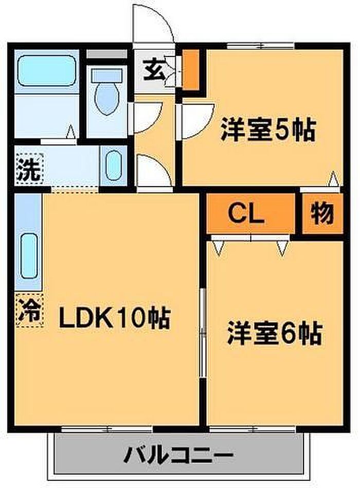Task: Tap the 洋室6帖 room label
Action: pos(275,334)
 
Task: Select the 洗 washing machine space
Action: pos(28,169)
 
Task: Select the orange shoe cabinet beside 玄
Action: pos(190,69)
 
